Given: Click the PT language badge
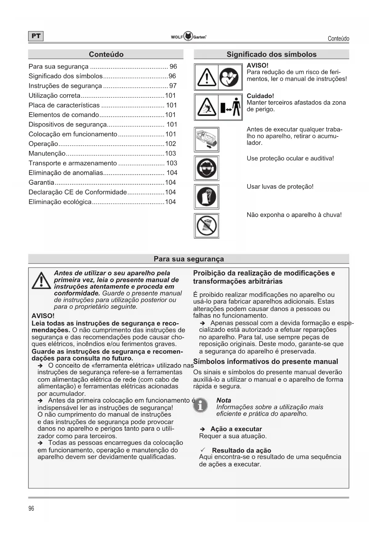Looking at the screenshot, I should click(36, 36).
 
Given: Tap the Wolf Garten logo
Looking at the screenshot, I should click(188, 37).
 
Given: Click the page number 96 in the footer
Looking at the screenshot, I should click(31, 508).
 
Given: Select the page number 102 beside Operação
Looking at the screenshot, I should click(170, 144).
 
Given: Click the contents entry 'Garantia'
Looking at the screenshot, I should click(41, 183).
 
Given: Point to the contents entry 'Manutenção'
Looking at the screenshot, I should click(47, 154).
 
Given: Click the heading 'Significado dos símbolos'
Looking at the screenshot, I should click(271, 54).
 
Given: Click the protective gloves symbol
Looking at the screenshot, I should click(207, 197).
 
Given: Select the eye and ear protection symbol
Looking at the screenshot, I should click(207, 168).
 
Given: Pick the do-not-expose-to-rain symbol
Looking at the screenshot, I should click(207, 226).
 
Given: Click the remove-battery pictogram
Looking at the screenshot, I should click(207, 140).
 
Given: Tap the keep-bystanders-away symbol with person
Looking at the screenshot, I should click(230, 107).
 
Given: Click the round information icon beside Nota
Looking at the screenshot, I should click(200, 406).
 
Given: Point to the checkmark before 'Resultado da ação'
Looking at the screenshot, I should click(203, 450).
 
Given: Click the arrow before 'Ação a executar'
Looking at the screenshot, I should click(203, 429).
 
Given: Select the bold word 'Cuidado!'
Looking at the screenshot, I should click(260, 96).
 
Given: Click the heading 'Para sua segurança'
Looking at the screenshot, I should click(189, 259).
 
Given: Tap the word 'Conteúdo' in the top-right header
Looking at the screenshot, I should click(338, 39).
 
